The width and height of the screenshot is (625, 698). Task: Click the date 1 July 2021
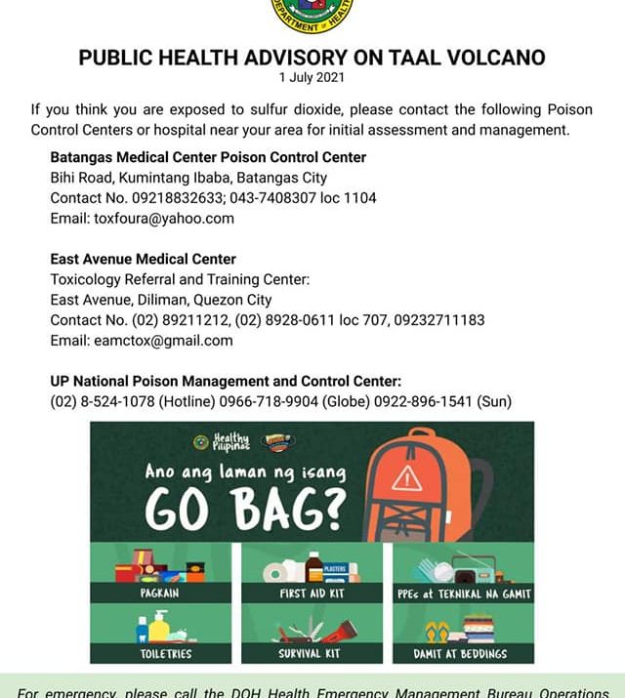[312, 76]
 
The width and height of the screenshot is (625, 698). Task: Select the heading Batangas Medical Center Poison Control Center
[208, 157]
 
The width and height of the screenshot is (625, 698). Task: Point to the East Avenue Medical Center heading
[143, 260]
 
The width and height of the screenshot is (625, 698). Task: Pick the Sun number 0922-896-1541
[426, 401]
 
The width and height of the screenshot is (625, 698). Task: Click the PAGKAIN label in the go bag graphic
[160, 593]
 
